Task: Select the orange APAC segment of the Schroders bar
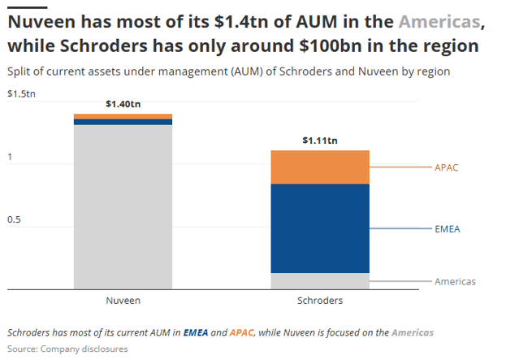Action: click(319, 167)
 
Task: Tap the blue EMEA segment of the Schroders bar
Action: click(319, 228)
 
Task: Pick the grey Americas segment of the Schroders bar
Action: click(319, 280)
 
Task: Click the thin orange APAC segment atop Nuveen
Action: click(123, 116)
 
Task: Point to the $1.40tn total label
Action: click(123, 104)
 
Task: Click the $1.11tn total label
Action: click(319, 141)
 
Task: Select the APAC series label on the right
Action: click(448, 167)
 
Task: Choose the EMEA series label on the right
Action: click(448, 229)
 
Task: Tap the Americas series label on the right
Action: click(455, 281)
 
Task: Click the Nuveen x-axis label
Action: click(123, 301)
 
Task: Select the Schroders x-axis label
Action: click(319, 301)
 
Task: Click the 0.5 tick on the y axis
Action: click(15, 220)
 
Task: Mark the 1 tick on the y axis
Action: click(10, 158)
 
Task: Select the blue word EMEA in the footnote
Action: click(196, 332)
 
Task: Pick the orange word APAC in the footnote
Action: click(242, 332)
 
